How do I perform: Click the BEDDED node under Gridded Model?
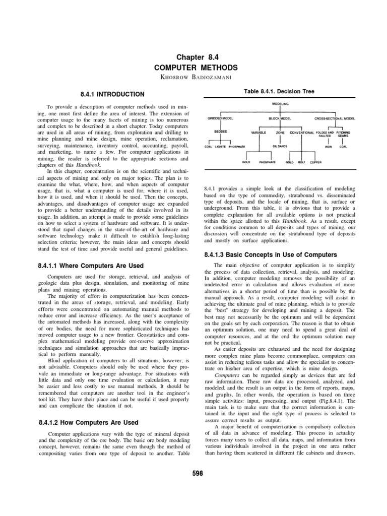coord(221,131)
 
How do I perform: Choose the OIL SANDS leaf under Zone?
coord(280,147)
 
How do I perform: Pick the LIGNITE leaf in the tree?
coord(221,147)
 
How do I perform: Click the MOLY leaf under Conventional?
coord(302,163)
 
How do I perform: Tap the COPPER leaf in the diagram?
coord(316,163)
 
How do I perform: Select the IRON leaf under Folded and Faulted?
coord(328,147)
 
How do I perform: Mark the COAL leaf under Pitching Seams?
coord(343,147)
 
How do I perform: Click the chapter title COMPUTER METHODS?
coord(193,67)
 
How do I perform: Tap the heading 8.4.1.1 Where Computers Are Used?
coord(91,266)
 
